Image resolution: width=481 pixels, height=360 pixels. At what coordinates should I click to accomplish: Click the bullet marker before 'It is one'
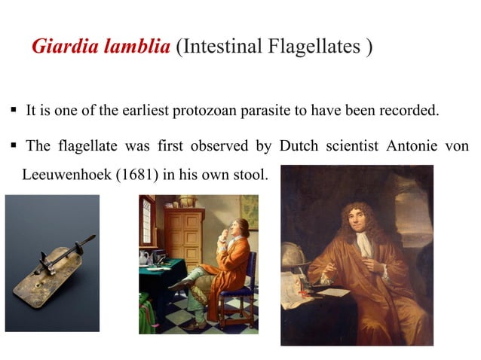(x=14, y=111)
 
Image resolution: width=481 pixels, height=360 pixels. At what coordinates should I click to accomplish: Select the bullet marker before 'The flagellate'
(x=14, y=145)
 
